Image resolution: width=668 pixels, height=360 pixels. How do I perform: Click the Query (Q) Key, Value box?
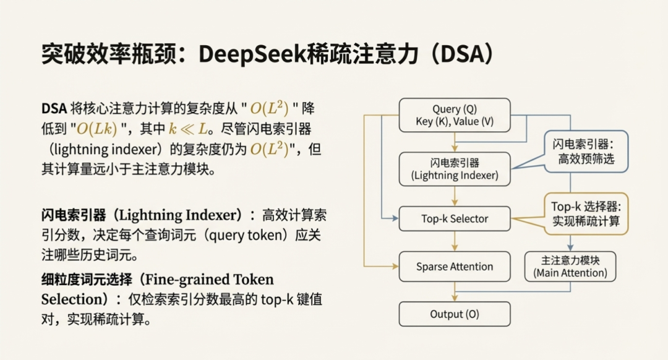tap(455, 115)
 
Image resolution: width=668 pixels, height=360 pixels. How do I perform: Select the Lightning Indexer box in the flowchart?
tap(455, 169)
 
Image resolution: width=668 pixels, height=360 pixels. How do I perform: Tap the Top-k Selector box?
tap(455, 218)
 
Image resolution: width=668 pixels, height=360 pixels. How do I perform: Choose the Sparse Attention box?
tap(455, 267)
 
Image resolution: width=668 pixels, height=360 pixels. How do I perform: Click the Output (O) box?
tap(455, 314)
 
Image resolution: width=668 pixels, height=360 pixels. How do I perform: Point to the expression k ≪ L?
tap(186, 128)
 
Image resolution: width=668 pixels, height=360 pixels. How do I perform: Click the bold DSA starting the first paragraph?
tap(54, 108)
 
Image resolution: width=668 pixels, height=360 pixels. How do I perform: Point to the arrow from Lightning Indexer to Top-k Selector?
tap(455, 196)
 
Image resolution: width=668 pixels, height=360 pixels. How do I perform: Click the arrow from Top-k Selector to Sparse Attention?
tap(455, 241)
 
